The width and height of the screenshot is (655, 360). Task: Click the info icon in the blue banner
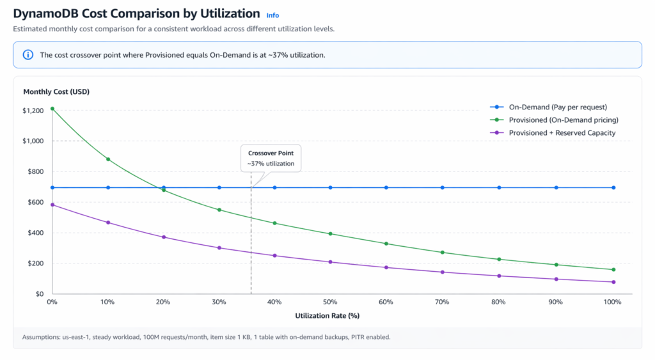pyautogui.click(x=28, y=55)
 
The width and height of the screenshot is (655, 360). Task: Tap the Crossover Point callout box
pyautogui.click(x=271, y=159)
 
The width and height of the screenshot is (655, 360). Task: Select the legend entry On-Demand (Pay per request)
pyautogui.click(x=557, y=107)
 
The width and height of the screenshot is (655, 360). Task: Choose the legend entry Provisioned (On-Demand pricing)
pyautogui.click(x=563, y=120)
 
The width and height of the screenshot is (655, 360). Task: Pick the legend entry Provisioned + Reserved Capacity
pyautogui.click(x=562, y=133)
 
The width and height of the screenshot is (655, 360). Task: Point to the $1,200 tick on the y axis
pyautogui.click(x=33, y=111)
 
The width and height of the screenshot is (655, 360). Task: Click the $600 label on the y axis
pyautogui.click(x=35, y=202)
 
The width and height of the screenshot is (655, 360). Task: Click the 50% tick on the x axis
pyautogui.click(x=330, y=302)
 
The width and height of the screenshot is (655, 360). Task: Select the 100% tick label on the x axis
pyautogui.click(x=612, y=302)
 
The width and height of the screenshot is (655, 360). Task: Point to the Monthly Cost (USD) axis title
pyautogui.click(x=56, y=91)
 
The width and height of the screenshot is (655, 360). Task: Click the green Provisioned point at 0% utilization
pyautogui.click(x=52, y=109)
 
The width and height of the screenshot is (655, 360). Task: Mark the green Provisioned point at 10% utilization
pyautogui.click(x=108, y=159)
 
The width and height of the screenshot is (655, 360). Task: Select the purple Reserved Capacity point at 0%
pyautogui.click(x=52, y=205)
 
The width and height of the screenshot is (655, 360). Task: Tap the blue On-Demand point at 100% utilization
pyautogui.click(x=613, y=187)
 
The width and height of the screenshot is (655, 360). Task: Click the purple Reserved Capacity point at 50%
pyautogui.click(x=330, y=262)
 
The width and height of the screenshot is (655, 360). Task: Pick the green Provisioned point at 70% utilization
pyautogui.click(x=442, y=253)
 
